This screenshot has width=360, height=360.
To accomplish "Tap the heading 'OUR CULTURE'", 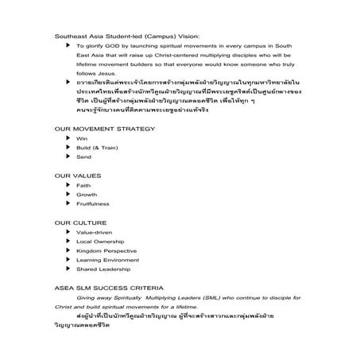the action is [75, 222].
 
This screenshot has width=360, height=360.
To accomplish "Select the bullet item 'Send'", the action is [83, 157].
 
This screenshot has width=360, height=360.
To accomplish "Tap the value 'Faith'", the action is [83, 185].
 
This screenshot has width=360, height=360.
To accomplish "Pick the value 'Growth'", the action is [86, 195].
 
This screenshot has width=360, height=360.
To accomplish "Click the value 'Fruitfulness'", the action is [92, 204].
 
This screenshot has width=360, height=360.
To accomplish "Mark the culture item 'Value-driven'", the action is [94, 232].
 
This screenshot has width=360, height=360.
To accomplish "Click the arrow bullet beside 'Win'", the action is [69, 138].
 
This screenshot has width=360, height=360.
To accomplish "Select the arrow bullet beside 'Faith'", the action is [69, 185].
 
